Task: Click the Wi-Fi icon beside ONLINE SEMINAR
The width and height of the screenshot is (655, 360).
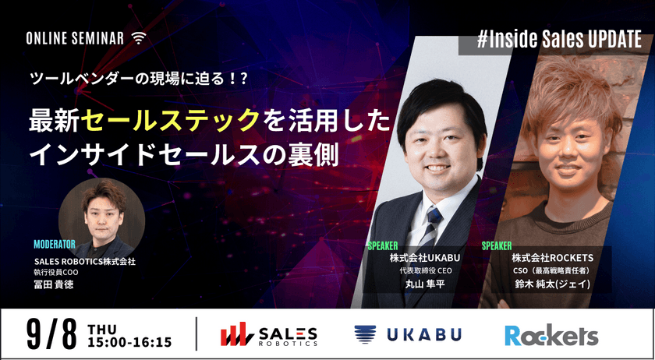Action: [139, 37]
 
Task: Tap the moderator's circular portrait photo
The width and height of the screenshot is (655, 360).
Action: [101, 215]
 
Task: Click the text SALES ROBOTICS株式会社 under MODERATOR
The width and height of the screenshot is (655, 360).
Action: [84, 262]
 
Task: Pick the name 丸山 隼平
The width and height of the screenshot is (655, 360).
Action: [424, 285]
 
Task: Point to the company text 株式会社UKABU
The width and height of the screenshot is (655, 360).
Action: [422, 257]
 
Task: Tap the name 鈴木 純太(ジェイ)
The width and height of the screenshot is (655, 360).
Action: [551, 285]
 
